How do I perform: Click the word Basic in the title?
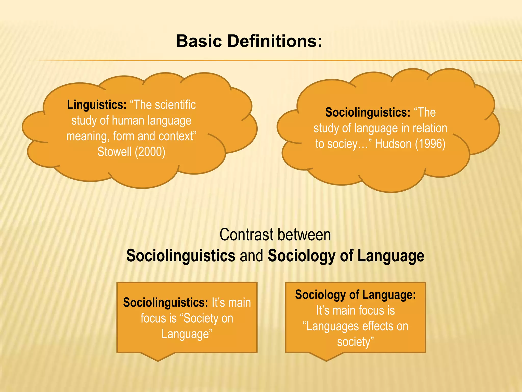click(199, 41)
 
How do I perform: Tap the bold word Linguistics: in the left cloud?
click(97, 105)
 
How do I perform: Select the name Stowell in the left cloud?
click(114, 152)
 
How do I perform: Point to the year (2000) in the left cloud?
click(150, 152)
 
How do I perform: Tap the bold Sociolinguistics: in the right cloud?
click(368, 113)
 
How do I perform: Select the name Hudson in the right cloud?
click(393, 144)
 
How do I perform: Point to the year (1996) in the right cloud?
click(430, 144)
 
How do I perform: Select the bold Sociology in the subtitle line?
click(302, 256)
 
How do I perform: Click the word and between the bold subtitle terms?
click(251, 256)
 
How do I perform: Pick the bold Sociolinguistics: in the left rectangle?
click(165, 303)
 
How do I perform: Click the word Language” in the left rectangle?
click(187, 334)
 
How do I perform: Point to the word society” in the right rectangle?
click(355, 342)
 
